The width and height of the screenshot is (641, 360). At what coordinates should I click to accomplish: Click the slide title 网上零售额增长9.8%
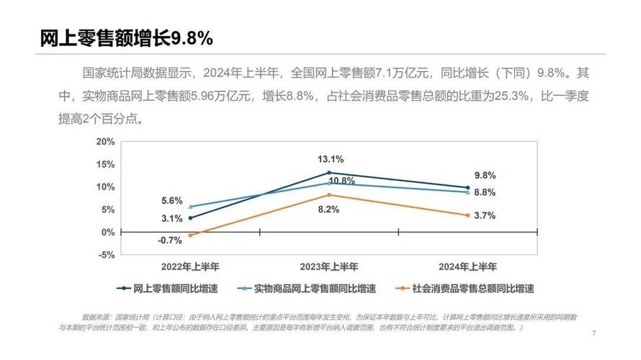coord(127,38)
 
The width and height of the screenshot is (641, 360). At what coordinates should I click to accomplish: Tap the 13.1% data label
coord(331,159)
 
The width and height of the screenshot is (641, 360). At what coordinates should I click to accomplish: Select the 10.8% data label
coord(342,180)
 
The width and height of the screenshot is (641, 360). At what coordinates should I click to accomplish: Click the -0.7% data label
coord(169,240)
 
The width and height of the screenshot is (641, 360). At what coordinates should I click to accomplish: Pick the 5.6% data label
coord(171,202)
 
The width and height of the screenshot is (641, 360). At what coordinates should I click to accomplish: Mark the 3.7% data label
coord(485,215)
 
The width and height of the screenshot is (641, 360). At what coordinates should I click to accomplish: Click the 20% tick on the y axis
coord(105,141)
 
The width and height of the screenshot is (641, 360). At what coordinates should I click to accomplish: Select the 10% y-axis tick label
coord(105,186)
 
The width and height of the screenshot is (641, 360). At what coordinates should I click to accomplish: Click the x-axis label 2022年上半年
coord(190,266)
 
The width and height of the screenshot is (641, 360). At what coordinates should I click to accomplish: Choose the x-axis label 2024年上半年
coord(467,266)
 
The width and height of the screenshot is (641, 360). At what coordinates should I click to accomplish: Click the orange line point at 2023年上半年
coord(329,195)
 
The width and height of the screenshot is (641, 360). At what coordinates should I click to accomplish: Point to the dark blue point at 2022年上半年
coord(190,218)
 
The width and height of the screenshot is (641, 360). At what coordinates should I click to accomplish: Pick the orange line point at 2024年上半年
coord(467,215)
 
